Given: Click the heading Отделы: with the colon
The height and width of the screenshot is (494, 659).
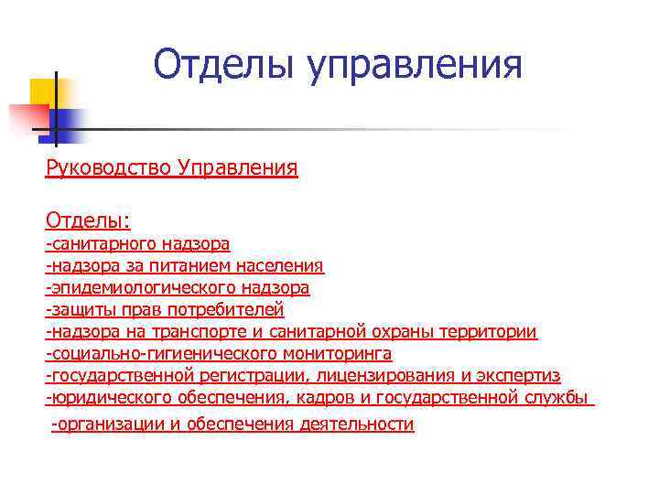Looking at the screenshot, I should coord(88,220).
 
